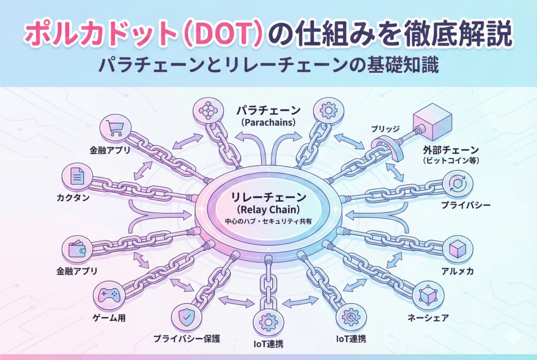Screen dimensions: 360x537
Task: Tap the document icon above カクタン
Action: point(77,178)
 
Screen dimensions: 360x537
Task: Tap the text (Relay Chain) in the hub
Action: point(268,210)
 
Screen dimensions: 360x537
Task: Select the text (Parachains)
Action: point(268,122)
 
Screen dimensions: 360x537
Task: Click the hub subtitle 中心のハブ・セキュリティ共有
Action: point(268,222)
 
